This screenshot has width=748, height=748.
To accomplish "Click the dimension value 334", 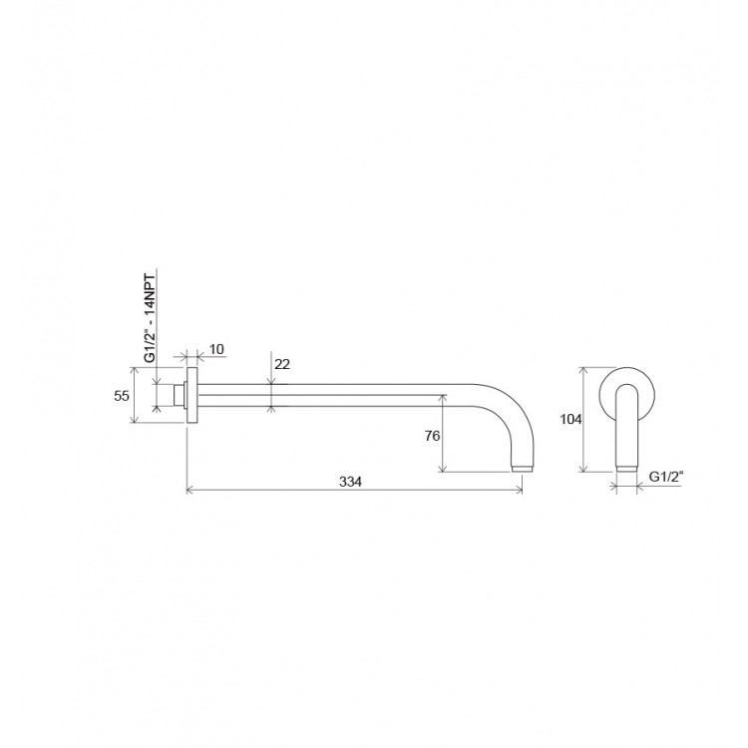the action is [x=351, y=482].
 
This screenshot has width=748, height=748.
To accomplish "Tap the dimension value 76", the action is [x=432, y=436].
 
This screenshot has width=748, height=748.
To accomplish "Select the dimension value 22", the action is [x=282, y=364].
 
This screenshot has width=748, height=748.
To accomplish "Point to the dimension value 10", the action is [x=216, y=349].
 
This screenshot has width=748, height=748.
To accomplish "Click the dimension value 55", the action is [x=122, y=396].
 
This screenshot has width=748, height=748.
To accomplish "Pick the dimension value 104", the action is [x=570, y=419].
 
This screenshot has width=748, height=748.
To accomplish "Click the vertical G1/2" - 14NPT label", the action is [x=150, y=318].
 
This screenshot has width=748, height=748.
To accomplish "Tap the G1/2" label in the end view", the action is [x=667, y=477].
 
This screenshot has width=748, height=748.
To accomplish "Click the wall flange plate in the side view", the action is [x=191, y=395].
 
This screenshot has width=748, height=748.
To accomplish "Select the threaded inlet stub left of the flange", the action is [x=180, y=395].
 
